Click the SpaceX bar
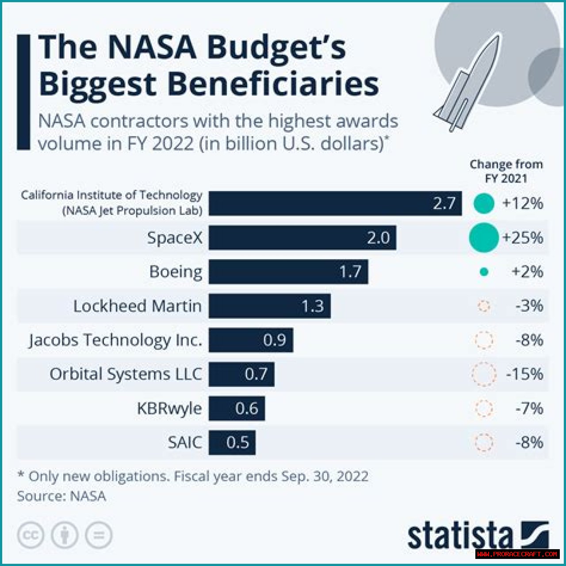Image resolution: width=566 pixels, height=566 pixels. (x=302, y=238)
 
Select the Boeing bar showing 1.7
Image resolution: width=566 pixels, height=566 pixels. (x=288, y=272)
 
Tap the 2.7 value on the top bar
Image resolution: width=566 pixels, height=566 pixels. (x=444, y=203)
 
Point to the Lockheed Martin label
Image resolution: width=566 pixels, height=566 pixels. (x=137, y=306)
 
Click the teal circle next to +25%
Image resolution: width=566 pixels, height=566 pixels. (x=484, y=238)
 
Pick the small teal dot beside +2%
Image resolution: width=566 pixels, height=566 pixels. (x=484, y=272)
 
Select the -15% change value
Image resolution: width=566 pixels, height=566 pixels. (x=525, y=374)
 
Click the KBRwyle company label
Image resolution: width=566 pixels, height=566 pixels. (x=169, y=408)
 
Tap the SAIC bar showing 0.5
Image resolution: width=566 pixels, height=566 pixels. (x=232, y=442)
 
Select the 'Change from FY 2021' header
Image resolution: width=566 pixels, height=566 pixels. (x=506, y=171)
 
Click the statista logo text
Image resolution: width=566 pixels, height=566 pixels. (x=460, y=536)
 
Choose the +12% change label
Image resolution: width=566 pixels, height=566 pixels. (x=523, y=203)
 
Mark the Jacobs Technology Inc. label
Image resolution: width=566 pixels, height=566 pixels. (x=115, y=340)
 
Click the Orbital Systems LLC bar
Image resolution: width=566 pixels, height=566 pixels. (x=241, y=374)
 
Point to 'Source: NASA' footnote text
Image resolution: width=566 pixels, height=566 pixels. (x=61, y=496)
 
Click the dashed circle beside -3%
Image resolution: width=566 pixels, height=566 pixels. (x=484, y=306)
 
